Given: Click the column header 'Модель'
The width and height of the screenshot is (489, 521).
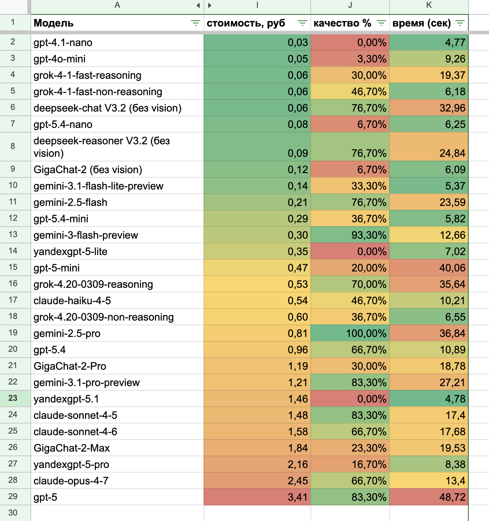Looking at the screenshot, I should tap(54, 23).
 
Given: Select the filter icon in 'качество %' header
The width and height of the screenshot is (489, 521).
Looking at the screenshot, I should tap(381, 23).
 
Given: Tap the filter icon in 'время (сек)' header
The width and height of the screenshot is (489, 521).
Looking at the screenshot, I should tap(460, 23).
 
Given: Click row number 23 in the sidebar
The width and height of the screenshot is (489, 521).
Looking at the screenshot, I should tap(13, 398).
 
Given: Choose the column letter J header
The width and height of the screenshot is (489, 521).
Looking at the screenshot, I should tap(350, 5).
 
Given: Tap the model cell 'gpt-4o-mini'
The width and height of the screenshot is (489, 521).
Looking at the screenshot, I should tap(60, 59).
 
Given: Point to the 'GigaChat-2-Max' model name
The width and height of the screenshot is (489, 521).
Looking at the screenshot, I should tap(72, 448).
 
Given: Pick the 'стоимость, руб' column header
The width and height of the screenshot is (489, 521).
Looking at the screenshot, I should tap(246, 23).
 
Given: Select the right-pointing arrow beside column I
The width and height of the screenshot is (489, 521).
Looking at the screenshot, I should tap(210, 5).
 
